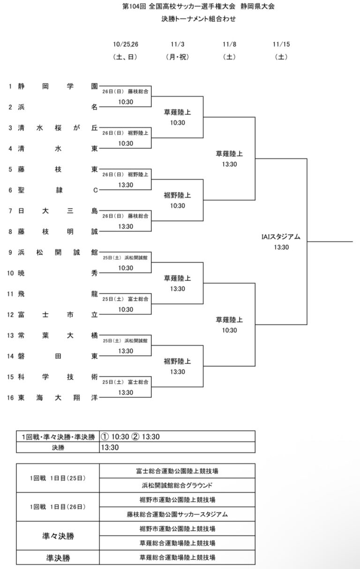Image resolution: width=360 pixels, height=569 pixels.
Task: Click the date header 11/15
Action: [x=281, y=45]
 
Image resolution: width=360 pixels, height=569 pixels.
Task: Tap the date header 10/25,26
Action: [x=126, y=45]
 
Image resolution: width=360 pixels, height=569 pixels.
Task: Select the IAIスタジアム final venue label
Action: [x=281, y=237]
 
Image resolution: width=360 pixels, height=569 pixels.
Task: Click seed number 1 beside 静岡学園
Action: [x=10, y=86]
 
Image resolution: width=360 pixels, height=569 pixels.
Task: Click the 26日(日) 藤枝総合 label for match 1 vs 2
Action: [x=125, y=92]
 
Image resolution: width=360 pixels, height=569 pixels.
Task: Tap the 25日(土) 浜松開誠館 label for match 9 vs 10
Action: [x=125, y=258]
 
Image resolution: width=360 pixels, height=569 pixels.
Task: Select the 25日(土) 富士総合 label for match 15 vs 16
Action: [x=125, y=382]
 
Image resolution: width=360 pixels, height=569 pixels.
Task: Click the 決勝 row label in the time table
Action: [x=58, y=447]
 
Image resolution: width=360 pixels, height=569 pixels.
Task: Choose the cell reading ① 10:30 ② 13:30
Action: [x=131, y=436]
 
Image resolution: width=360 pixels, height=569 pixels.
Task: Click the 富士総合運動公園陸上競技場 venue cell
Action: [x=178, y=471]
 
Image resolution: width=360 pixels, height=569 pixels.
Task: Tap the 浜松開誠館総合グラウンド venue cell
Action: [x=178, y=485]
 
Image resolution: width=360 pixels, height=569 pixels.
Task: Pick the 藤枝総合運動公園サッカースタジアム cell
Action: [x=178, y=514]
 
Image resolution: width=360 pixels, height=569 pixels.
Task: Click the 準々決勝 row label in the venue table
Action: [x=58, y=536]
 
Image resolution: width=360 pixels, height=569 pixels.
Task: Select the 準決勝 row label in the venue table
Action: [x=58, y=558]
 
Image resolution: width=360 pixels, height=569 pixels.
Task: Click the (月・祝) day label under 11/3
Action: [x=177, y=57]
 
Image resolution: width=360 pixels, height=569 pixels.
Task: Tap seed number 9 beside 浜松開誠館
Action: [x=10, y=252]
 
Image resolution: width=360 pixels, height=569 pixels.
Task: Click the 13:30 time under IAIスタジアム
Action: [x=281, y=247]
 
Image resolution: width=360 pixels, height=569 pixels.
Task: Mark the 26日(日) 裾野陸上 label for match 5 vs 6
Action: [x=125, y=175]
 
